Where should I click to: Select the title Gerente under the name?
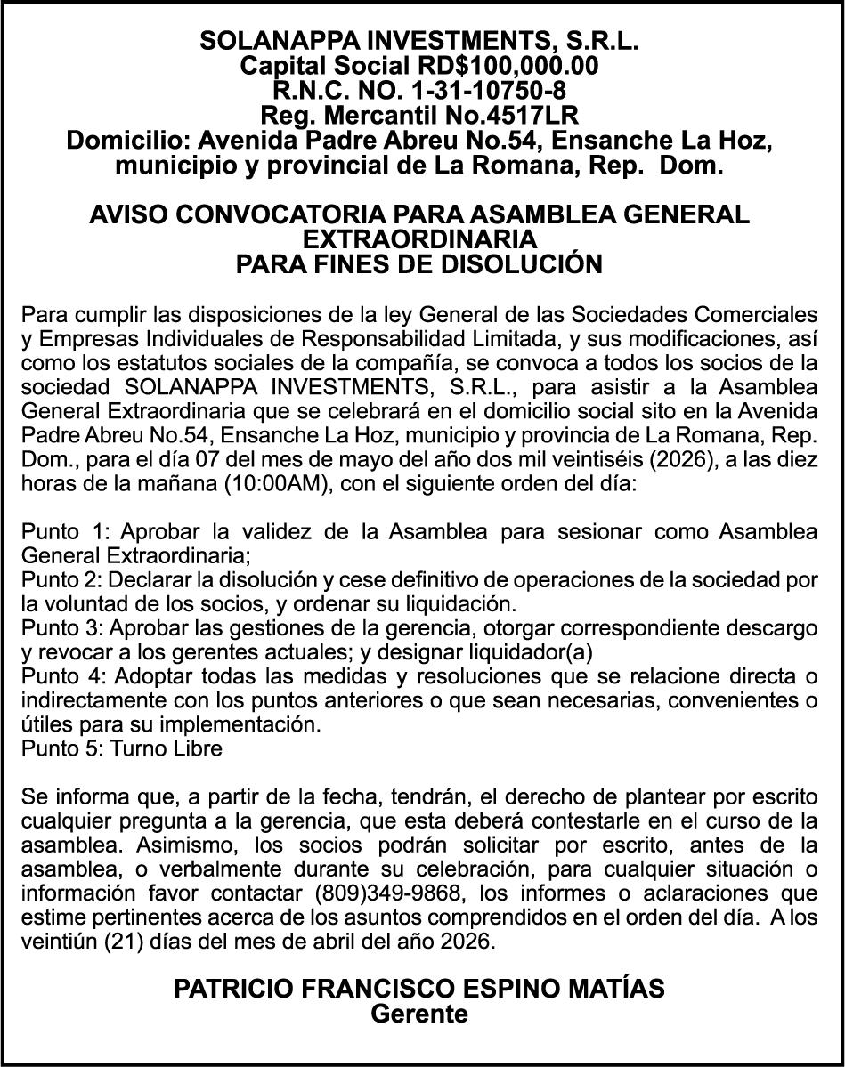[x=419, y=1014]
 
